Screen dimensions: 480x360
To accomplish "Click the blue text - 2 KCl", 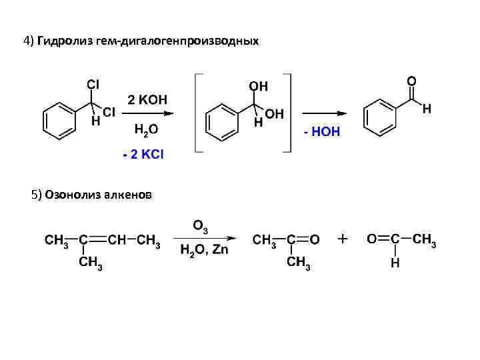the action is tap(143, 155).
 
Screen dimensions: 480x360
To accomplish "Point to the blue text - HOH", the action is tap(321, 132).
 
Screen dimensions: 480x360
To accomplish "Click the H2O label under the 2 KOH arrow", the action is tap(147, 129).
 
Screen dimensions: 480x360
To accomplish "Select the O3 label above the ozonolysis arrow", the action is tap(200, 226).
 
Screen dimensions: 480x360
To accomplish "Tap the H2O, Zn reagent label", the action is tap(205, 250).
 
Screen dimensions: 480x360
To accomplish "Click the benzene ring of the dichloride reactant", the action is tap(57, 121).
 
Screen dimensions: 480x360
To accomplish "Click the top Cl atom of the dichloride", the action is tap(93, 84).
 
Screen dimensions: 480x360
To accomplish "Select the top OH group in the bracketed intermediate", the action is tap(259, 87).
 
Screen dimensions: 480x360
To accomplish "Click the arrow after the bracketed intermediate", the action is tap(325, 113).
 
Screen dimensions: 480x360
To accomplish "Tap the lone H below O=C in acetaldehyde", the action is tap(395, 263).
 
